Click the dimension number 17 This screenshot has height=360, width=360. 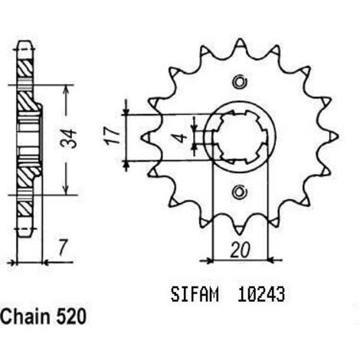click(x=112, y=136)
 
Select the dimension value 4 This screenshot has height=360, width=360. click(x=182, y=138)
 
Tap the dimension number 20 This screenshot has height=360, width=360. click(x=241, y=250)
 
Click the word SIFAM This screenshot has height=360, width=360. click(x=195, y=295)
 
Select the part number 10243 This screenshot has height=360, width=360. click(x=261, y=295)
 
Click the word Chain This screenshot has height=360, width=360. click(x=25, y=317)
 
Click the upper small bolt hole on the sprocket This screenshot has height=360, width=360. click(x=240, y=82)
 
